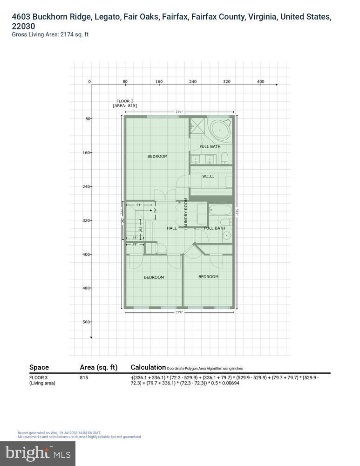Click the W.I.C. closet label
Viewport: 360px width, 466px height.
pos(208,176)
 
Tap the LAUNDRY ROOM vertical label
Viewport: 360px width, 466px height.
pos(185,213)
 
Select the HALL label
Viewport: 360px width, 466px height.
pos(172,228)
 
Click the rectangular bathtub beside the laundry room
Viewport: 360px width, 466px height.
pos(220,210)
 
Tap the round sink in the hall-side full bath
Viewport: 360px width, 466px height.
pos(227,236)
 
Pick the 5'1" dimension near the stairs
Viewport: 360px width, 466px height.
pos(139,205)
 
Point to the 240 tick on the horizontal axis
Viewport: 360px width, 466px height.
pos(193,82)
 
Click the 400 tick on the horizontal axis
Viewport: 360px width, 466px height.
pos(260,82)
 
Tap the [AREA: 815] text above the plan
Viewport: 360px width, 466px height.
pos(125,106)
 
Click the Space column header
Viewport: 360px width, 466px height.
pos(39,367)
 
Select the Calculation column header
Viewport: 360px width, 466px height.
pos(148,367)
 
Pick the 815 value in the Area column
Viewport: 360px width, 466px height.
pos(84,377)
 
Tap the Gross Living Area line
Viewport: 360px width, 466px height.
pos(50,34)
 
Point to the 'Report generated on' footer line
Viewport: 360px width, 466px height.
pos(59,433)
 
